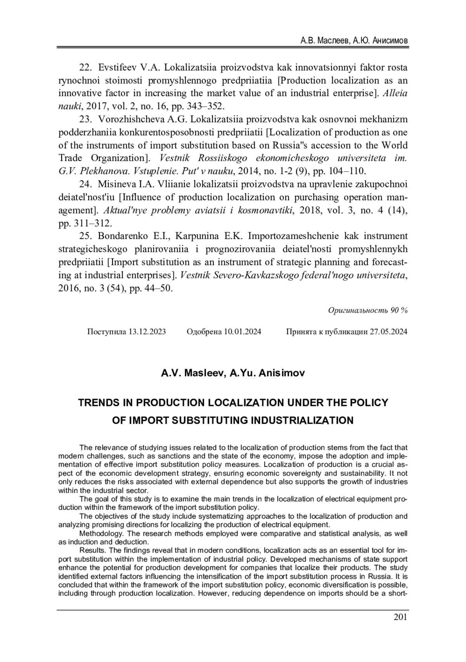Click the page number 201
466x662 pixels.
[x=400, y=617]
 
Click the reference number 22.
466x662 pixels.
[x=85, y=68]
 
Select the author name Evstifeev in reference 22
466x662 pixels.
[x=117, y=68]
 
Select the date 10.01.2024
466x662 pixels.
[x=242, y=332]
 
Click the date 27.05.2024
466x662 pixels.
[x=388, y=332]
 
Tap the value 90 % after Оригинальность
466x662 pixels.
[x=399, y=310]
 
